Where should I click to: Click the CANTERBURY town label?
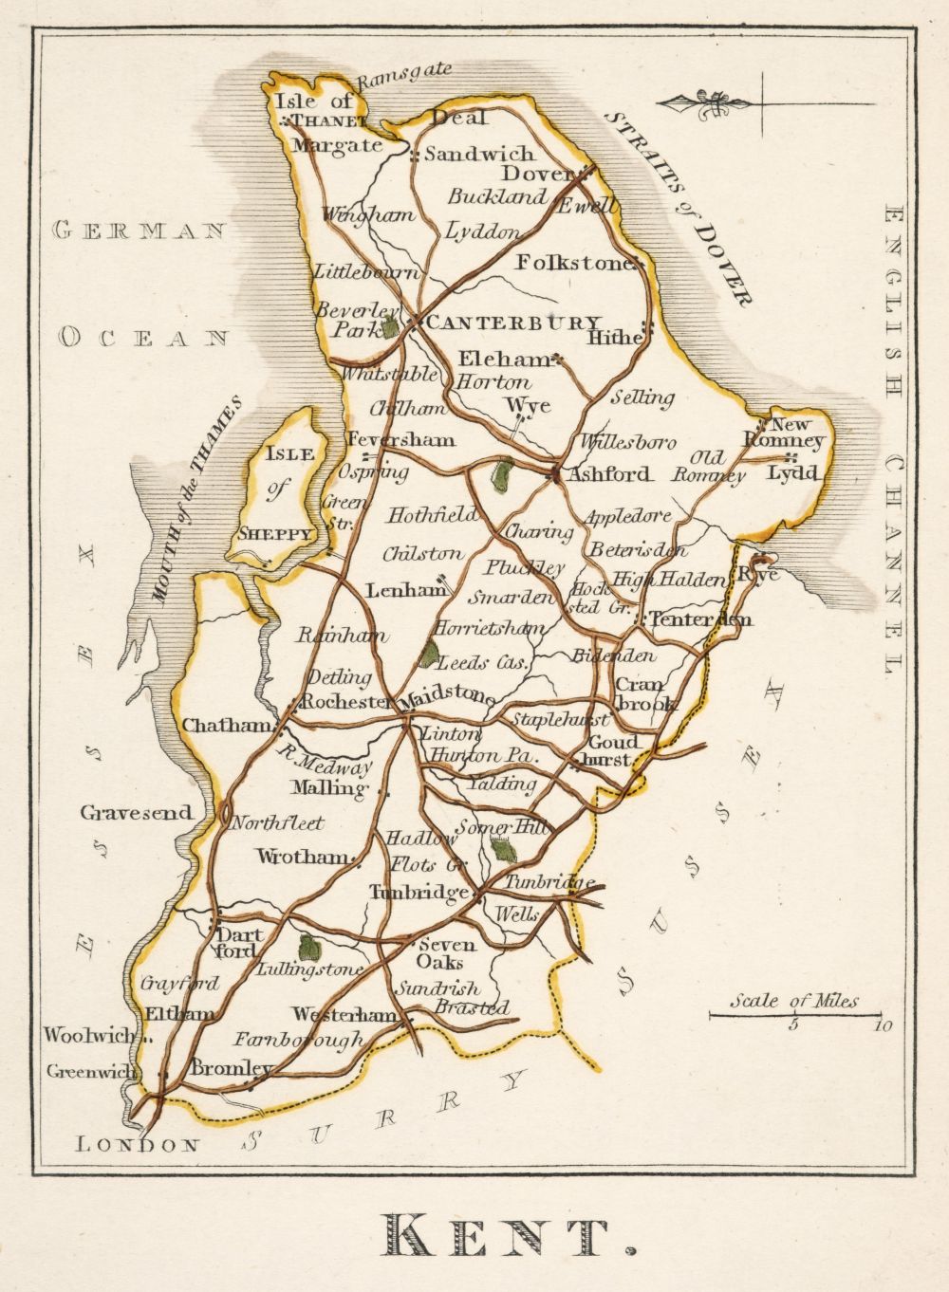513,323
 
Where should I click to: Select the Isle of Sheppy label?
278,493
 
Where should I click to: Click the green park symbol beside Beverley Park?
389,328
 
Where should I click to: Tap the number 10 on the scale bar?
883,1025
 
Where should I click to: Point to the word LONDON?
139,1145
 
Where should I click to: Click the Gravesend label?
136,813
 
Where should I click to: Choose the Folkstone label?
574,263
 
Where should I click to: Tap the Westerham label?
344,1014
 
